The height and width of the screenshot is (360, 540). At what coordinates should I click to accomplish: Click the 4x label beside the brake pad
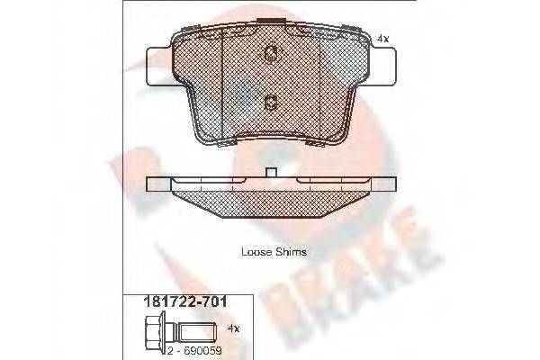click(382, 39)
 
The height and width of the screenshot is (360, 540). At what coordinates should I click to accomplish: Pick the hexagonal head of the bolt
click(137, 328)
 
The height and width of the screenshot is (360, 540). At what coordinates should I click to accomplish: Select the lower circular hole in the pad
click(270, 102)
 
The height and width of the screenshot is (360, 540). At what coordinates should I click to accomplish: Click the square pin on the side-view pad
click(270, 172)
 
